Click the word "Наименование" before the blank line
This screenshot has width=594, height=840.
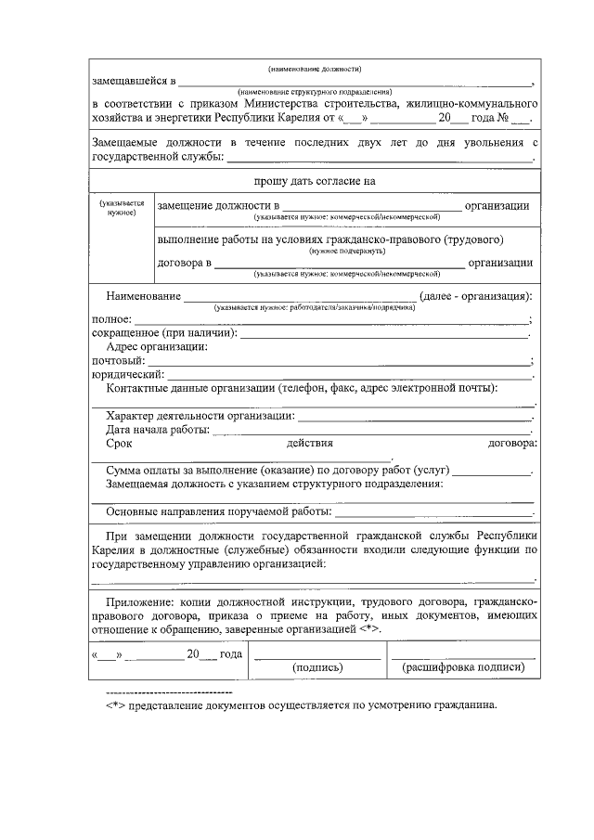(143, 296)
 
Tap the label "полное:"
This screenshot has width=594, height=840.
(111, 319)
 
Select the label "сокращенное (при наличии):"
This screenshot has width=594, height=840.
(164, 332)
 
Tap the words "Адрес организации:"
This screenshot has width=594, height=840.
(157, 346)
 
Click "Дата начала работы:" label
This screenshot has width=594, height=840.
(158, 430)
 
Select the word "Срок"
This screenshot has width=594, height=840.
(120, 444)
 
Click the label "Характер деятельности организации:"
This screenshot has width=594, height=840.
(200, 416)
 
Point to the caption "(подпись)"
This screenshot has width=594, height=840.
(317, 667)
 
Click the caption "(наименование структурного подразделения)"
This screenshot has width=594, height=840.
(315, 92)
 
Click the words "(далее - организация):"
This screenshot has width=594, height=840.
(475, 296)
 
